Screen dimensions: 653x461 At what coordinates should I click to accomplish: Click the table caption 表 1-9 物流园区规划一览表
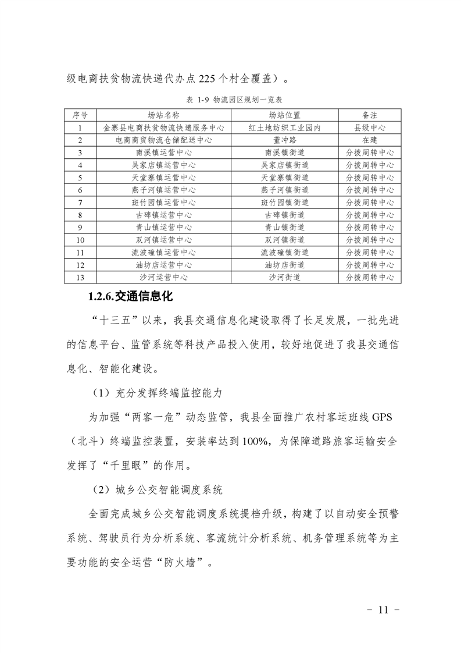(230, 100)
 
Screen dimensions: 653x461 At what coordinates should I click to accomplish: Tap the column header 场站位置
(284, 115)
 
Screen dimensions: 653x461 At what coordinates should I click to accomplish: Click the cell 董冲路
(284, 140)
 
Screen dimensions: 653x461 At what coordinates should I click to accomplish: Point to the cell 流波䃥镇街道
(284, 253)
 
